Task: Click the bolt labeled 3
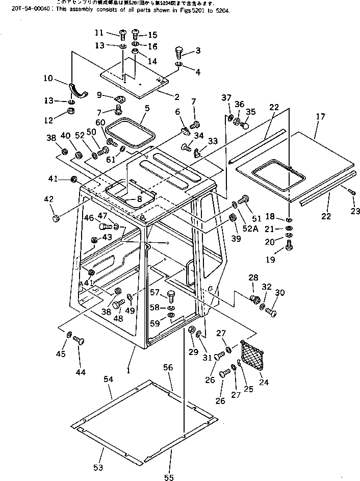click(179, 51)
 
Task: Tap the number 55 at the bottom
click(169, 477)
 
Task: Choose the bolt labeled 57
click(170, 295)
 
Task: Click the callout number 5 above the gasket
click(147, 108)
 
